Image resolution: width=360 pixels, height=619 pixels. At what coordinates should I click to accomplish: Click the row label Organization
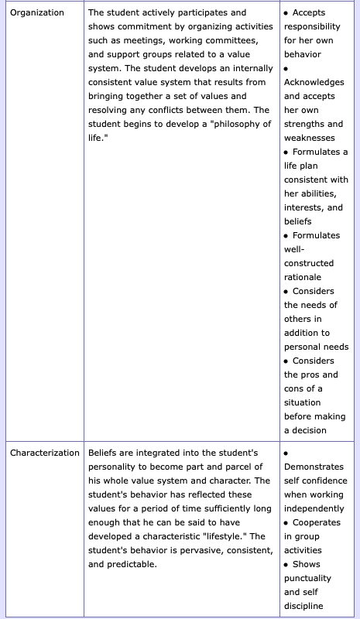[x=37, y=13]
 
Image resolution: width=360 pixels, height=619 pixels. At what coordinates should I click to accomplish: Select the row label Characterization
[x=44, y=453]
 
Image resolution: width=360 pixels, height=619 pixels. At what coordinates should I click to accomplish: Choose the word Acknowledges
[x=314, y=83]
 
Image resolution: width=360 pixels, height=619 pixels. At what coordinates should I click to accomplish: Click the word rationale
[x=303, y=278]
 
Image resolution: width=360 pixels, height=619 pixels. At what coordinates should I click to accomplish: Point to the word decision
[x=309, y=431]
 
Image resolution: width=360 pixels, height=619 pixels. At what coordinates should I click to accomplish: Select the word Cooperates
[x=317, y=522]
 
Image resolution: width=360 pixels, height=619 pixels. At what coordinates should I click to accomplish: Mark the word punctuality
[x=307, y=578]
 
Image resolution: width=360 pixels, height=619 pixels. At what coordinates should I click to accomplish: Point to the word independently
[x=314, y=508]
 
